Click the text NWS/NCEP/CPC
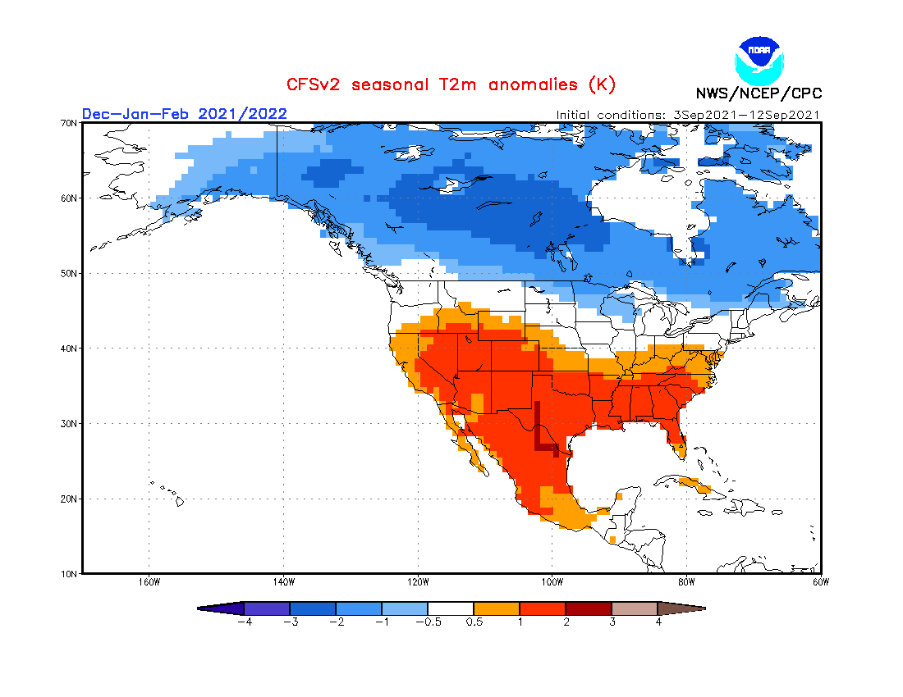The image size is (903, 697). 759,93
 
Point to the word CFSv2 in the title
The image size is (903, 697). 316,84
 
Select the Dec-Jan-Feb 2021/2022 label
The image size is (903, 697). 185,113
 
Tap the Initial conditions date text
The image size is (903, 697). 688,115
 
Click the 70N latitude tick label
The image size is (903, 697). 69,123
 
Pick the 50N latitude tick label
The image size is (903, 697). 69,273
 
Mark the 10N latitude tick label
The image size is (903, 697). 69,573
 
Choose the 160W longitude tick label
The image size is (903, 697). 149,583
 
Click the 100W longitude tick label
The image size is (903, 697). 552,583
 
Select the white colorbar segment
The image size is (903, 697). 451,608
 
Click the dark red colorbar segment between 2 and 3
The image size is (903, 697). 589,608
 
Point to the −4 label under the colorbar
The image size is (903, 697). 243,622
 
